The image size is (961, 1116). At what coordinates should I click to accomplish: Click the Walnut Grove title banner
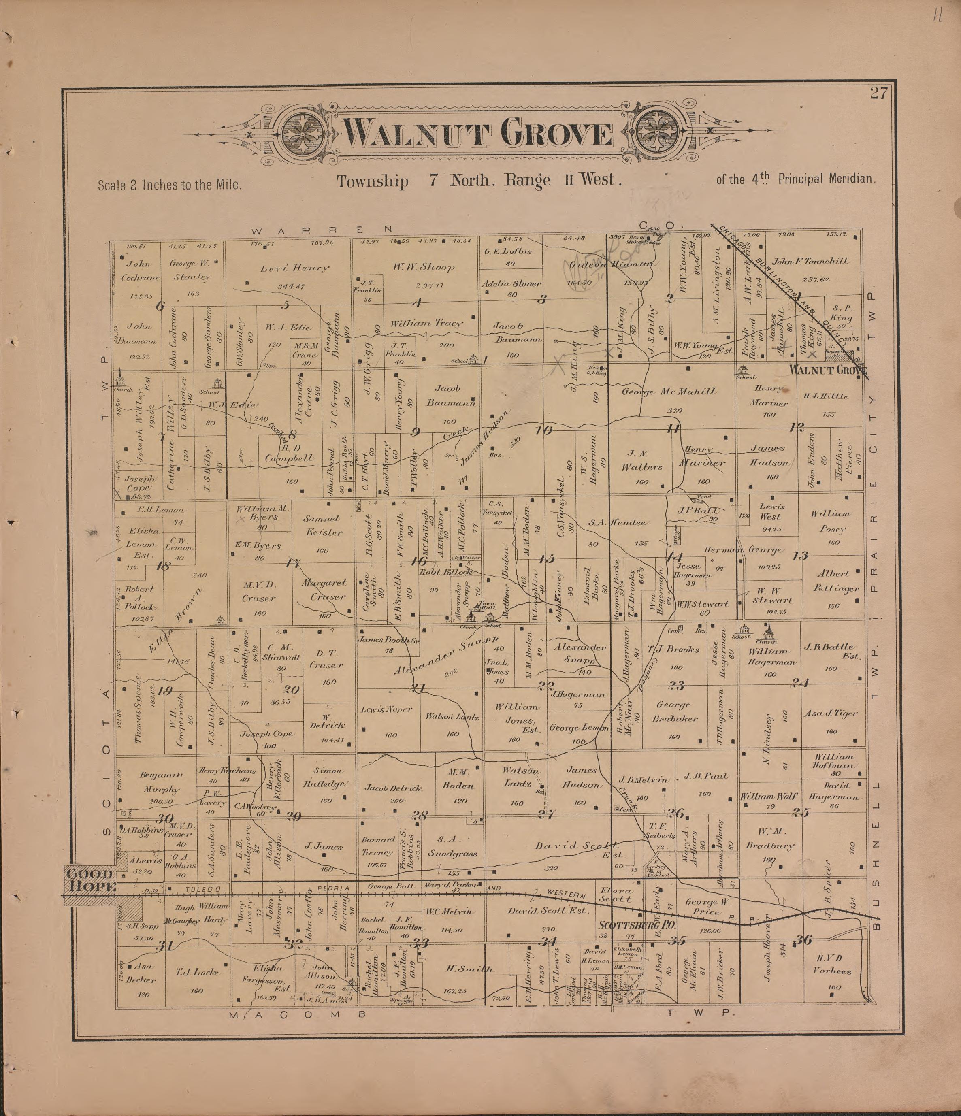pyautogui.click(x=479, y=134)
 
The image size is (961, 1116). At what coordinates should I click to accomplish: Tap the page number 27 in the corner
pyautogui.click(x=878, y=94)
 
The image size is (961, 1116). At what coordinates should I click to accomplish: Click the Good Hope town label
pyautogui.click(x=89, y=880)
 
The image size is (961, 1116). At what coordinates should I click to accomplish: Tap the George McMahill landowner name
pyautogui.click(x=669, y=392)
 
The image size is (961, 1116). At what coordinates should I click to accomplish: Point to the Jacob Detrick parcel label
pyautogui.click(x=393, y=788)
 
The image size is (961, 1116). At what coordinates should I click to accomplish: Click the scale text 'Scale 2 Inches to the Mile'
pyautogui.click(x=169, y=185)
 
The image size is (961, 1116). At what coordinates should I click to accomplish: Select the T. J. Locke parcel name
pyautogui.click(x=197, y=971)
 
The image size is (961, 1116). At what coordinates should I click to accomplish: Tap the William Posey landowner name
pyautogui.click(x=831, y=522)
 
